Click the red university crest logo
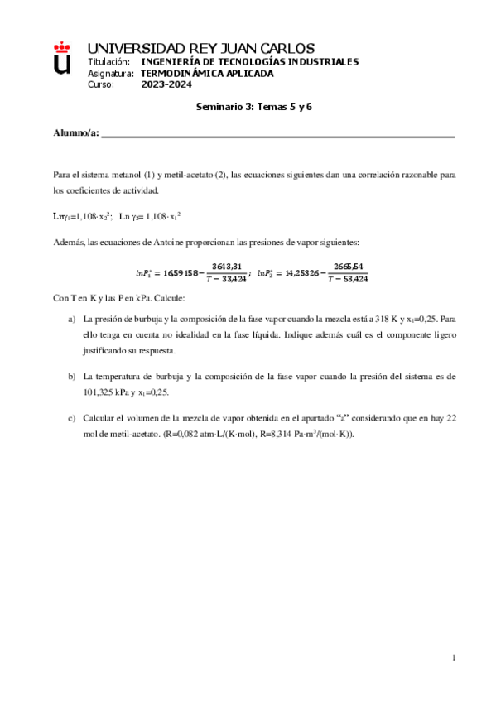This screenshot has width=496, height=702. pos(62,60)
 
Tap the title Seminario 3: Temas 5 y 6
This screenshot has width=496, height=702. pos(253,107)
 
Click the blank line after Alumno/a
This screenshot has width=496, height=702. pos(277,135)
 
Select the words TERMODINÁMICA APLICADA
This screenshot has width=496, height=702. pos(206,73)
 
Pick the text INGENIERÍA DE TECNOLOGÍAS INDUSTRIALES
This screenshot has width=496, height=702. pos(250,62)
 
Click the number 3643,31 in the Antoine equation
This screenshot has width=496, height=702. pos(226,266)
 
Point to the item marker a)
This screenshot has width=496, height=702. pos(72,318)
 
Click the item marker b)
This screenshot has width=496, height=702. pos(72,376)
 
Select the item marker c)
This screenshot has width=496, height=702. pos(72,419)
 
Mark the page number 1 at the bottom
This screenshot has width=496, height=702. pos(454,658)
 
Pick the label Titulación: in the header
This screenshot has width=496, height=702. pos(108,62)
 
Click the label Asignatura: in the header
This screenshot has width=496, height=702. pos(110,73)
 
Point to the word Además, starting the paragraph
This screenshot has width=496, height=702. pos(68,241)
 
